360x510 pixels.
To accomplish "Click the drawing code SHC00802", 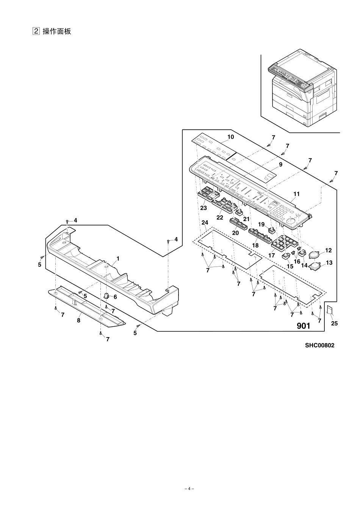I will click(319, 345).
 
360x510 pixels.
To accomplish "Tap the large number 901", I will click(303, 326).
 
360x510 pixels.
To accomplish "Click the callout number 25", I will click(334, 323).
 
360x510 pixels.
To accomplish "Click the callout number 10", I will click(230, 137).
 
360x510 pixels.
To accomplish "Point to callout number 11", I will click(296, 194).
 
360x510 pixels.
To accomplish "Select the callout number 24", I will click(205, 223).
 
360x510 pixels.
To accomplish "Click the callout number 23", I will click(203, 208).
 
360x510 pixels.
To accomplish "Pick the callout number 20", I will click(235, 233).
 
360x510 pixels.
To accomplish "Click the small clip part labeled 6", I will click(106, 295).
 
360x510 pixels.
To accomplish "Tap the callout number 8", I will click(79, 320).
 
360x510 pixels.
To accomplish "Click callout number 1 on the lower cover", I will click(118, 258).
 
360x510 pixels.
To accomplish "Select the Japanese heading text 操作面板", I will click(57, 31).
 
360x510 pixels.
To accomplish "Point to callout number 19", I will click(261, 224).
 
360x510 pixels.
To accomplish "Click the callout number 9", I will click(280, 165).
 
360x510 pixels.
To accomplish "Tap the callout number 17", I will click(271, 256).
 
